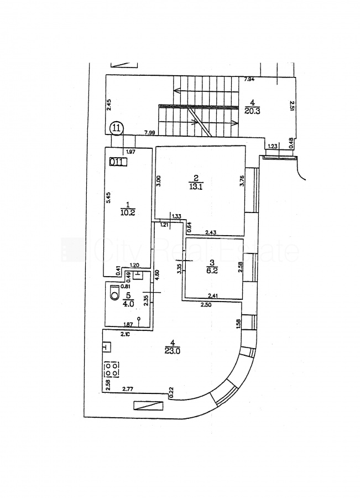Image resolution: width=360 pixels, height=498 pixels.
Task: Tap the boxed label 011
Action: point(117,162)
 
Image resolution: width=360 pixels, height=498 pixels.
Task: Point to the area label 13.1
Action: point(195,186)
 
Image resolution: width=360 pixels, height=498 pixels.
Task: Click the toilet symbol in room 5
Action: point(114,294)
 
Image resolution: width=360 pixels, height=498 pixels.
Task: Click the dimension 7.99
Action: point(149,133)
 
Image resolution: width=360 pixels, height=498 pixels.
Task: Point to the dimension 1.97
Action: point(131,152)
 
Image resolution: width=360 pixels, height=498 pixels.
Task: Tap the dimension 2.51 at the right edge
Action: point(291,106)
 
